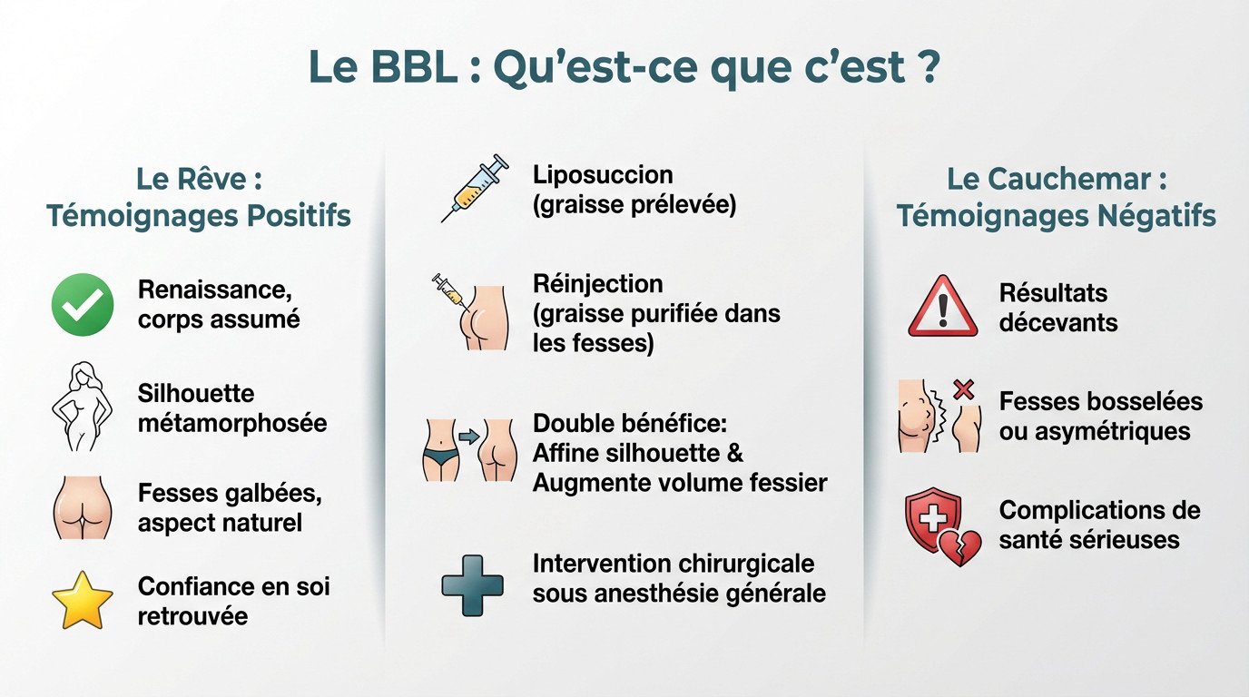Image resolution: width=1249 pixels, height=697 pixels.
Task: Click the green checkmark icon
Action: [83, 305]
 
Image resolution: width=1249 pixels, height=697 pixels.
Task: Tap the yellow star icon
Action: [83, 600]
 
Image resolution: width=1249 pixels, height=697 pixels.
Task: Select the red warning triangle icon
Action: [942, 307]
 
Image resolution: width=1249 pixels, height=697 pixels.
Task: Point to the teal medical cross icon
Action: [472, 585]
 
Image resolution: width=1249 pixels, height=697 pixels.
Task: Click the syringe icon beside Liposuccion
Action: [474, 187]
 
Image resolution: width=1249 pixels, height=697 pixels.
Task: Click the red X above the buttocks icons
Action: [963, 390]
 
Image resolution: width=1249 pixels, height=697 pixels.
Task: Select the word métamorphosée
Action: [232, 423]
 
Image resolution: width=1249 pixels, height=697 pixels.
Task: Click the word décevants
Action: [1058, 322]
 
